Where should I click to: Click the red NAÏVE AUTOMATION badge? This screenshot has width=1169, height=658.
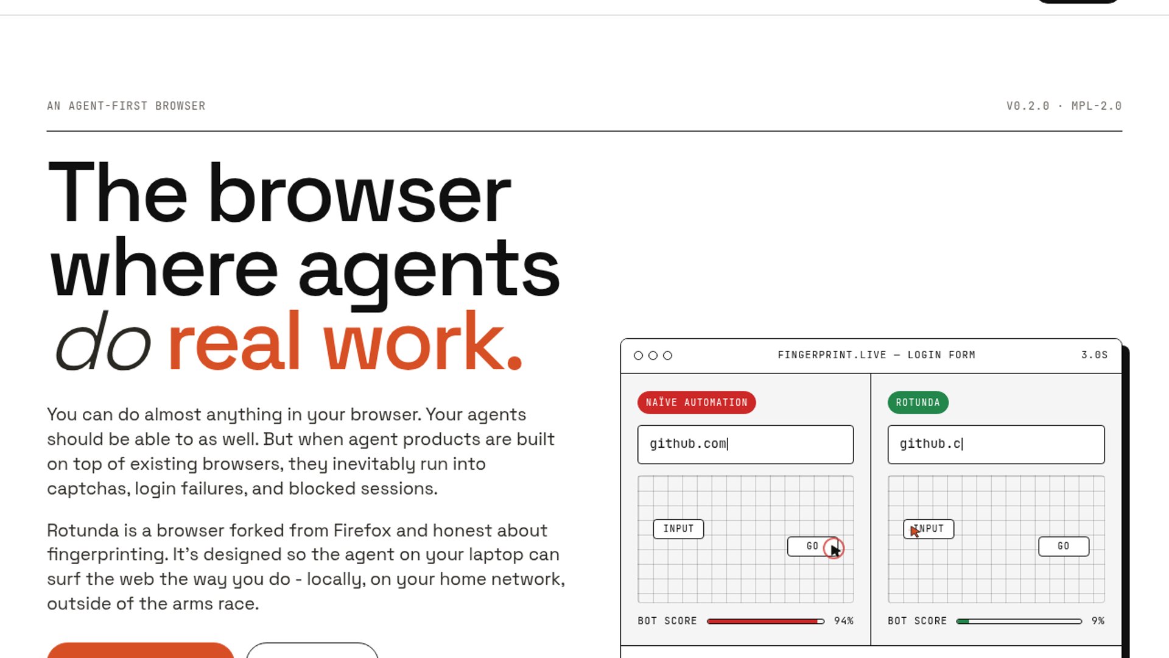coord(697,403)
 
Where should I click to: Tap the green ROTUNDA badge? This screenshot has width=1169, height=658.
coord(918,403)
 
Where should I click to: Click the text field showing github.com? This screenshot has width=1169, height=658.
coord(745,444)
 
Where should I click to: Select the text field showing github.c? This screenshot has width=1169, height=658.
coord(996,444)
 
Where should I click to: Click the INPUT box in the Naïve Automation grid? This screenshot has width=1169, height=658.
coord(678,529)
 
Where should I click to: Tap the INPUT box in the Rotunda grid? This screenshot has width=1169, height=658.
coord(929,529)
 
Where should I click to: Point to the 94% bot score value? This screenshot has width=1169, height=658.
coord(844,621)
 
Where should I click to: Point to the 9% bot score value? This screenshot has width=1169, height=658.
coord(1098,621)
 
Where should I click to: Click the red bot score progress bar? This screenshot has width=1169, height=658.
coord(765,621)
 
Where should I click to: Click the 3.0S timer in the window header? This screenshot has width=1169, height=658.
coord(1094,355)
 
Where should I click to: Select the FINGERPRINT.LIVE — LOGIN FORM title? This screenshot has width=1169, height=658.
coord(876,355)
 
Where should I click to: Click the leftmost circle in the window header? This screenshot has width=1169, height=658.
coord(638,355)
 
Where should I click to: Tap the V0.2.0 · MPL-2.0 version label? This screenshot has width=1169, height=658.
coord(1064,106)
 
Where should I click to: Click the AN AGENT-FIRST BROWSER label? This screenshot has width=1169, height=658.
coord(126,106)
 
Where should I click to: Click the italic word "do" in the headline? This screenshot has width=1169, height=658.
coord(103,341)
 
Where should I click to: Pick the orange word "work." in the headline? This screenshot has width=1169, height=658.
coord(423,341)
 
